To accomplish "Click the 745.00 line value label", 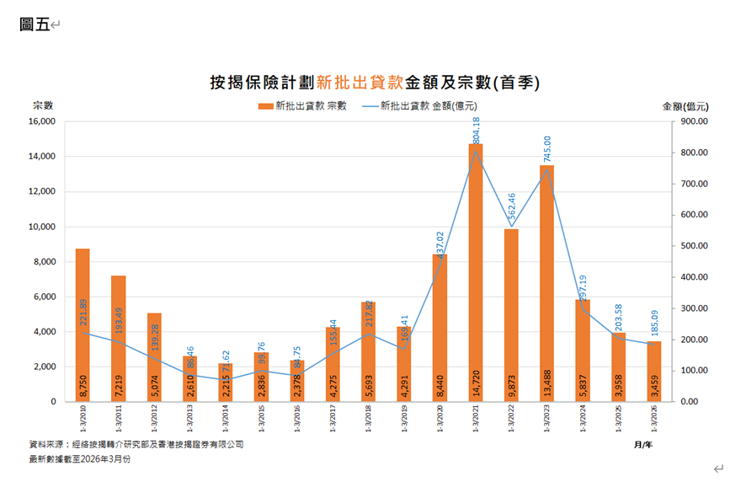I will tap(548, 149).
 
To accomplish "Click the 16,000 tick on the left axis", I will tap(41, 121).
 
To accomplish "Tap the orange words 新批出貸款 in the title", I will tap(360, 83).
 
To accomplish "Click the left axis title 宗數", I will tap(43, 105).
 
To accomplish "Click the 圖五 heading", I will tap(34, 24).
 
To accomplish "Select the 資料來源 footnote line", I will tap(136, 444).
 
